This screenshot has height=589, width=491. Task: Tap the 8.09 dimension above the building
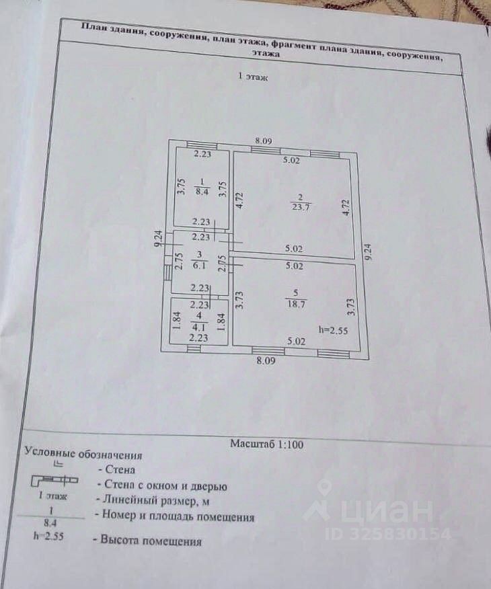tap(263, 141)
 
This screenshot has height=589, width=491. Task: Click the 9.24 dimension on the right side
tap(367, 251)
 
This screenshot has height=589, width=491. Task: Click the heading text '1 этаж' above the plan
tap(254, 77)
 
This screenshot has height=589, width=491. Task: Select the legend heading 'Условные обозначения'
tap(83, 454)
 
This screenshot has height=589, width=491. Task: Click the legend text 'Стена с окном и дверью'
tap(162, 485)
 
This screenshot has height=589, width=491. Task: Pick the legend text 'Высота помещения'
tap(150, 540)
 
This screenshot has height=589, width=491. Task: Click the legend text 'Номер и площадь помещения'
tap(176, 517)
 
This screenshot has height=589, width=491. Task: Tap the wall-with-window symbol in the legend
tap(53, 481)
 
